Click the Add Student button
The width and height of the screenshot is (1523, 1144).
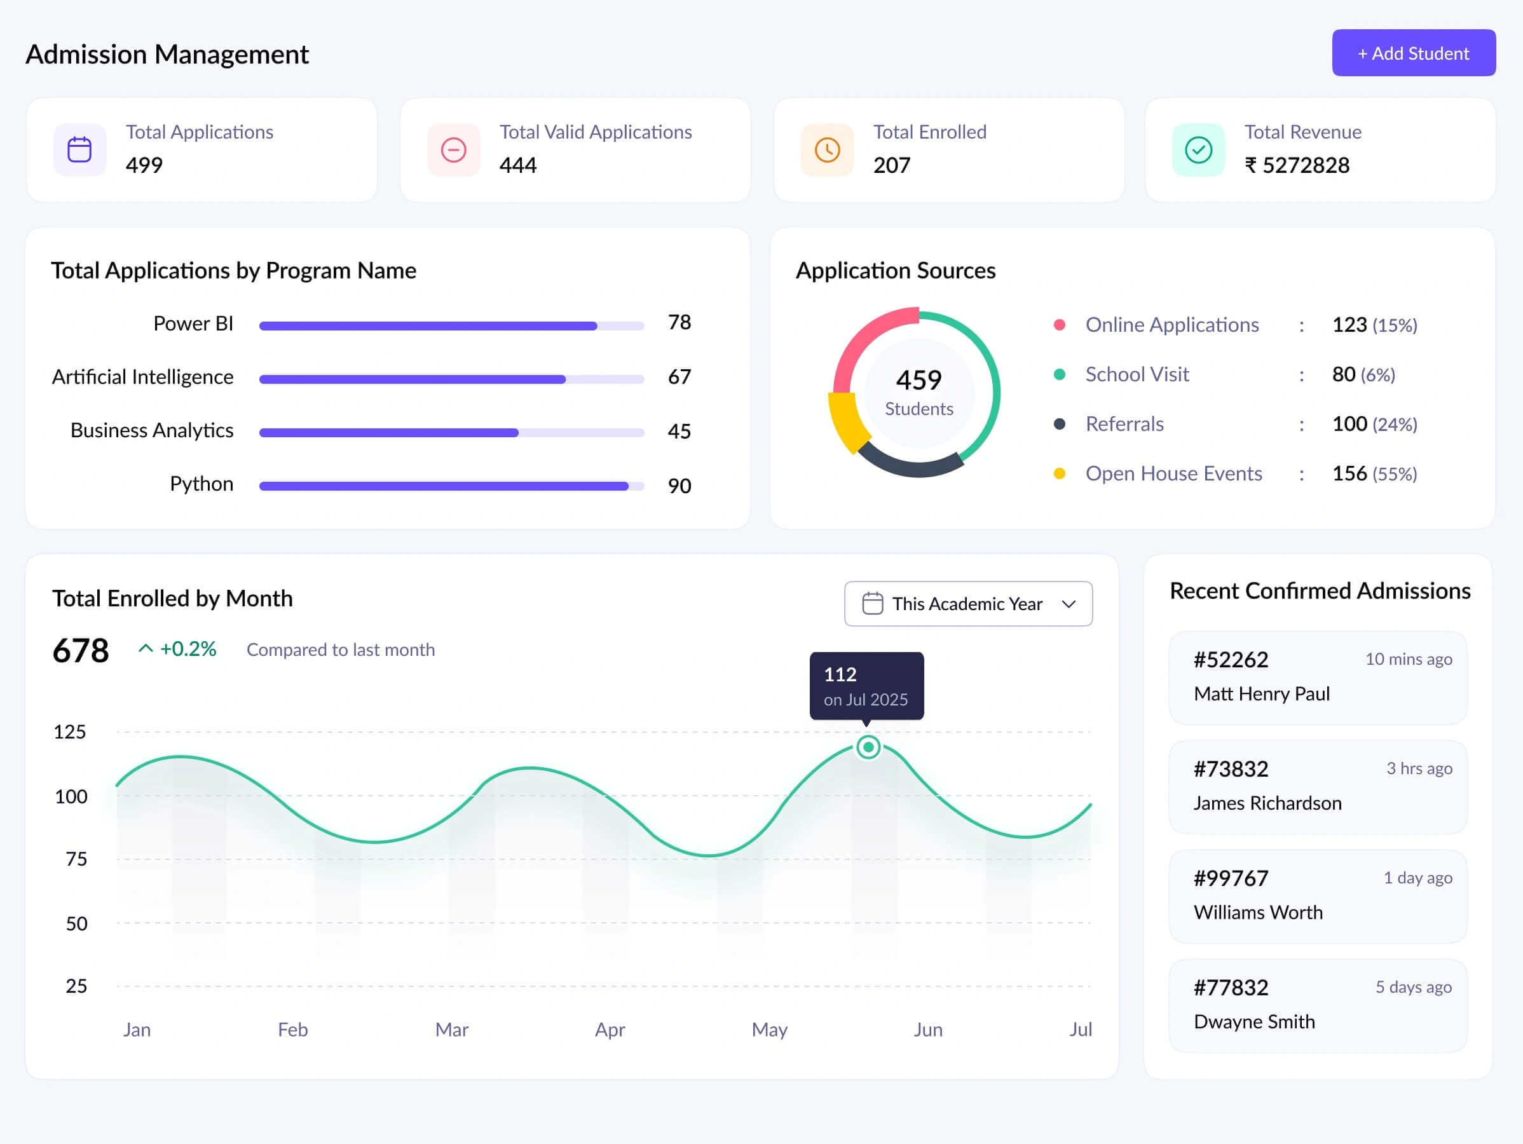coord(1413,53)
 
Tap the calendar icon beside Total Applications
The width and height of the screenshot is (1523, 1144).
coord(80,149)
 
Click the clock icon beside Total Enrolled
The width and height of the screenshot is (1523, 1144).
coord(827,149)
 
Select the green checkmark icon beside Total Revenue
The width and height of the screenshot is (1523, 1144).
coord(1198,149)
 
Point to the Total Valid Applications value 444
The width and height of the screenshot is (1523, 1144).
coord(518,165)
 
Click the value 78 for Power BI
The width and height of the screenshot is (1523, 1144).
coord(679,322)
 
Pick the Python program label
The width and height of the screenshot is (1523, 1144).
coord(201,484)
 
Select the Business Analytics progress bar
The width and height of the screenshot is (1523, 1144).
coord(451,433)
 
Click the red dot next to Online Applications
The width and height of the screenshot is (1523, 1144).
coord(1060,325)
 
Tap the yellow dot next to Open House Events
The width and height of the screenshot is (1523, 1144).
coord(1060,473)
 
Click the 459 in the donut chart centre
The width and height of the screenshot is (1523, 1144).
coord(919,380)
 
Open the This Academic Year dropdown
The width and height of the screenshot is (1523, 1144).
coord(967,604)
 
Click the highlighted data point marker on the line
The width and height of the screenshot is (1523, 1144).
coord(868,747)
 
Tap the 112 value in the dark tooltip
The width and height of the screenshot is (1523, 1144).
coord(840,674)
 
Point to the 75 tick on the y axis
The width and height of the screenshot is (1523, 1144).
coord(76,859)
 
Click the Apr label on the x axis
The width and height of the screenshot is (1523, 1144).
coord(610,1030)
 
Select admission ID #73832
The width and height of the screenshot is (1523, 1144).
coord(1231,769)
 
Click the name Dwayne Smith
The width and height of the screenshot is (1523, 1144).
coord(1253,1021)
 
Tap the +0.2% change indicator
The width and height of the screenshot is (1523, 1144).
coord(188,649)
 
